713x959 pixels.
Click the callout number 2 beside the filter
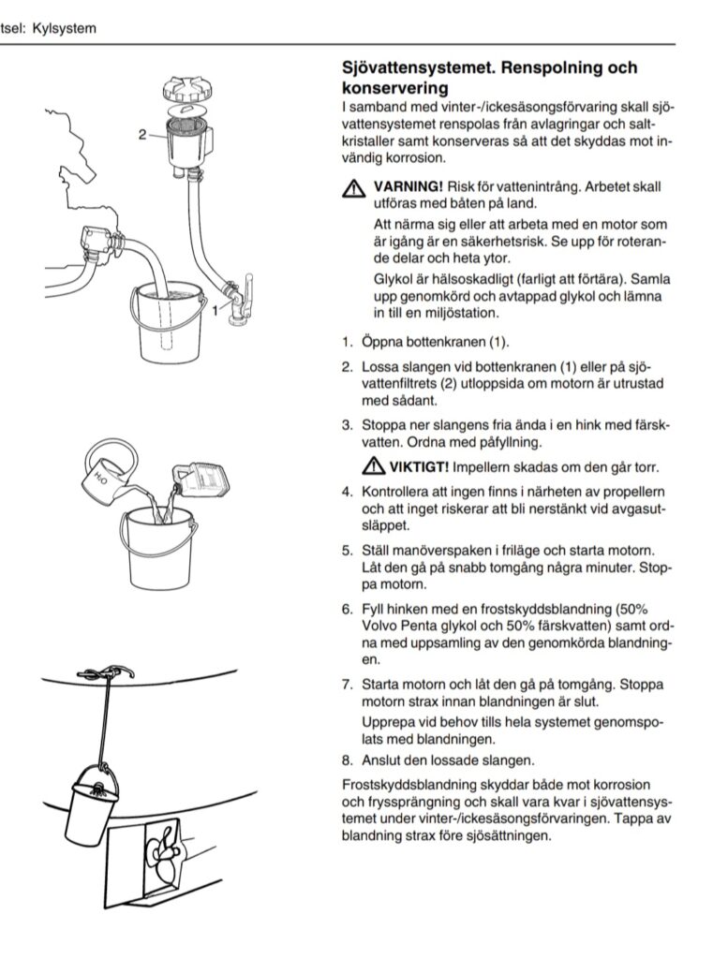coord(143,134)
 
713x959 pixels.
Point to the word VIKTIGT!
coord(419,466)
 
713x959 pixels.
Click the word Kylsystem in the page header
coord(63,29)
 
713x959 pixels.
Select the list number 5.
coord(346,550)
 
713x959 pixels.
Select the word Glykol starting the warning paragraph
coord(395,280)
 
